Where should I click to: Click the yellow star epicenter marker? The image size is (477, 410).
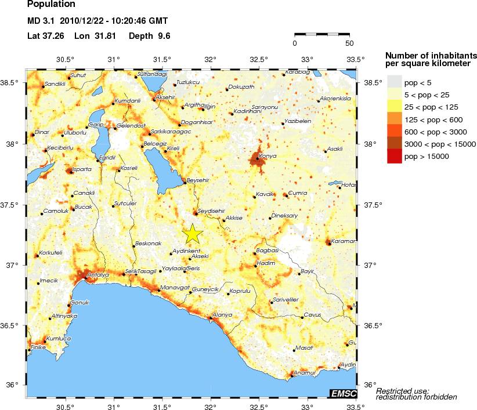(x=193, y=234)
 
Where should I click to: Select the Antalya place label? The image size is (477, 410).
(x=97, y=274)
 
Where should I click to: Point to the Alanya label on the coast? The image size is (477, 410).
(x=223, y=315)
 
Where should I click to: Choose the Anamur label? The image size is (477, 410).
(x=304, y=372)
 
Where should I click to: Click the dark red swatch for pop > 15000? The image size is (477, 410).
(x=395, y=156)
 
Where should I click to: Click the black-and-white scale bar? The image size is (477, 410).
(x=322, y=34)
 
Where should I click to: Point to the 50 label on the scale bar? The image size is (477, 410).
(x=349, y=43)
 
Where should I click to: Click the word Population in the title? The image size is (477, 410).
(x=51, y=5)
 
